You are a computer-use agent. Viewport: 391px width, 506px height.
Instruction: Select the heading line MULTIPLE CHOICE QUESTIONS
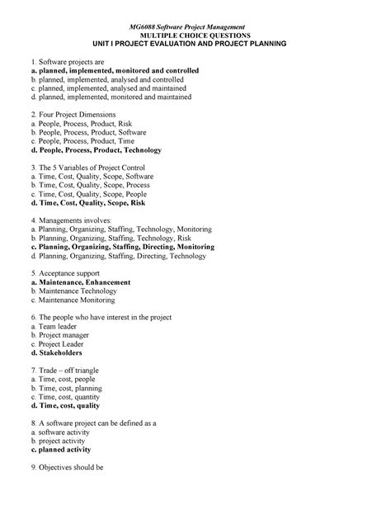(195, 37)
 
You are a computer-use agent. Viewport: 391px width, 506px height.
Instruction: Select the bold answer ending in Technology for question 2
(95, 150)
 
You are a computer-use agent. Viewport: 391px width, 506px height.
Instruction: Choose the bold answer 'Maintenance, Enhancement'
(79, 282)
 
